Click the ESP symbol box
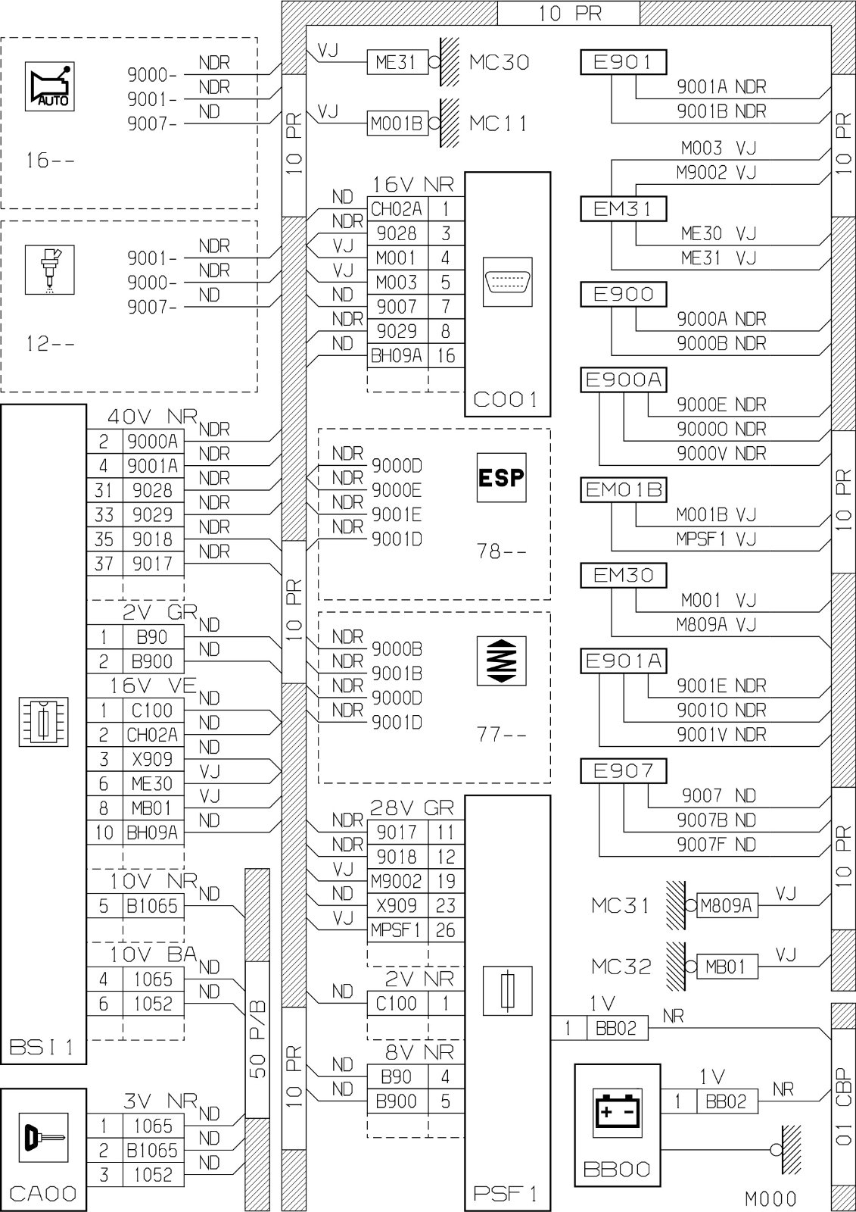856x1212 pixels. coord(501,477)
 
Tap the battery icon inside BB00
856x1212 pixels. coord(618,1113)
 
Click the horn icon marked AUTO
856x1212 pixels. coord(50,86)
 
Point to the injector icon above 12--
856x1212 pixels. coord(50,270)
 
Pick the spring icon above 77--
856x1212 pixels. coord(501,661)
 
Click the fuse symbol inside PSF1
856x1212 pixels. coord(507,991)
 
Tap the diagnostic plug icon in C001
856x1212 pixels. coord(507,282)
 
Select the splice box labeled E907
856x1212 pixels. coord(623,770)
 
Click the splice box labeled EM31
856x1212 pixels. coord(623,208)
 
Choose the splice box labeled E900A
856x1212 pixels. coord(623,380)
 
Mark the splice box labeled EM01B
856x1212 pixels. coord(623,489)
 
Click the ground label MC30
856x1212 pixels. coord(499,62)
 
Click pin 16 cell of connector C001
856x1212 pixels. coord(446,355)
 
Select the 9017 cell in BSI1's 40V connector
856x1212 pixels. coord(153,564)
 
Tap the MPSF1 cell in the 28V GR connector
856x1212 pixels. coord(397,930)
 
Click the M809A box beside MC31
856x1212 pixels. coord(727,906)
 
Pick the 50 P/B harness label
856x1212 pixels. coord(259,1039)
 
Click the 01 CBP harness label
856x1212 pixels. coord(844,1107)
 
